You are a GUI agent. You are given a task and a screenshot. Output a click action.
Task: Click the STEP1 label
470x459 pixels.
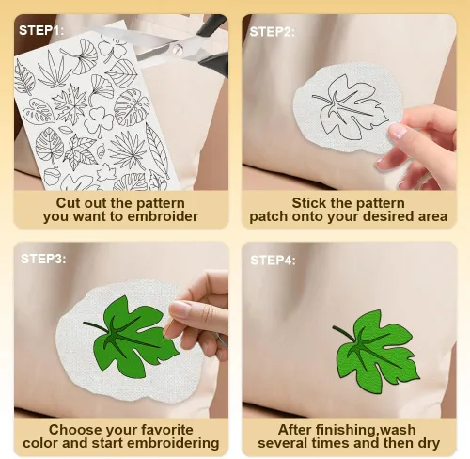coord(41,30)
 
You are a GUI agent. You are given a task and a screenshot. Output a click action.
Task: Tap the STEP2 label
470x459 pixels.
coord(272,32)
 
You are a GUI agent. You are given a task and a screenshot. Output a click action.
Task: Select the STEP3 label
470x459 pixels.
coord(43,259)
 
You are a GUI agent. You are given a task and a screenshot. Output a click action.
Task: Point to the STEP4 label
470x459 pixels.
coord(273,260)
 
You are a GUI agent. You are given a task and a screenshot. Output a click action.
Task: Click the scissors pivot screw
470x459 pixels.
coord(177,49)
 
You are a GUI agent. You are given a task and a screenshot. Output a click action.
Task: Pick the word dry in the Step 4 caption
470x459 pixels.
coord(429,443)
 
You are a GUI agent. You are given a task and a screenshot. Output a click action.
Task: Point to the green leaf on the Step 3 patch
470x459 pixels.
coord(132,337)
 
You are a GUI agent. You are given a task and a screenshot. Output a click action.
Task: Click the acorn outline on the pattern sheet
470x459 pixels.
coord(50,177)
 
